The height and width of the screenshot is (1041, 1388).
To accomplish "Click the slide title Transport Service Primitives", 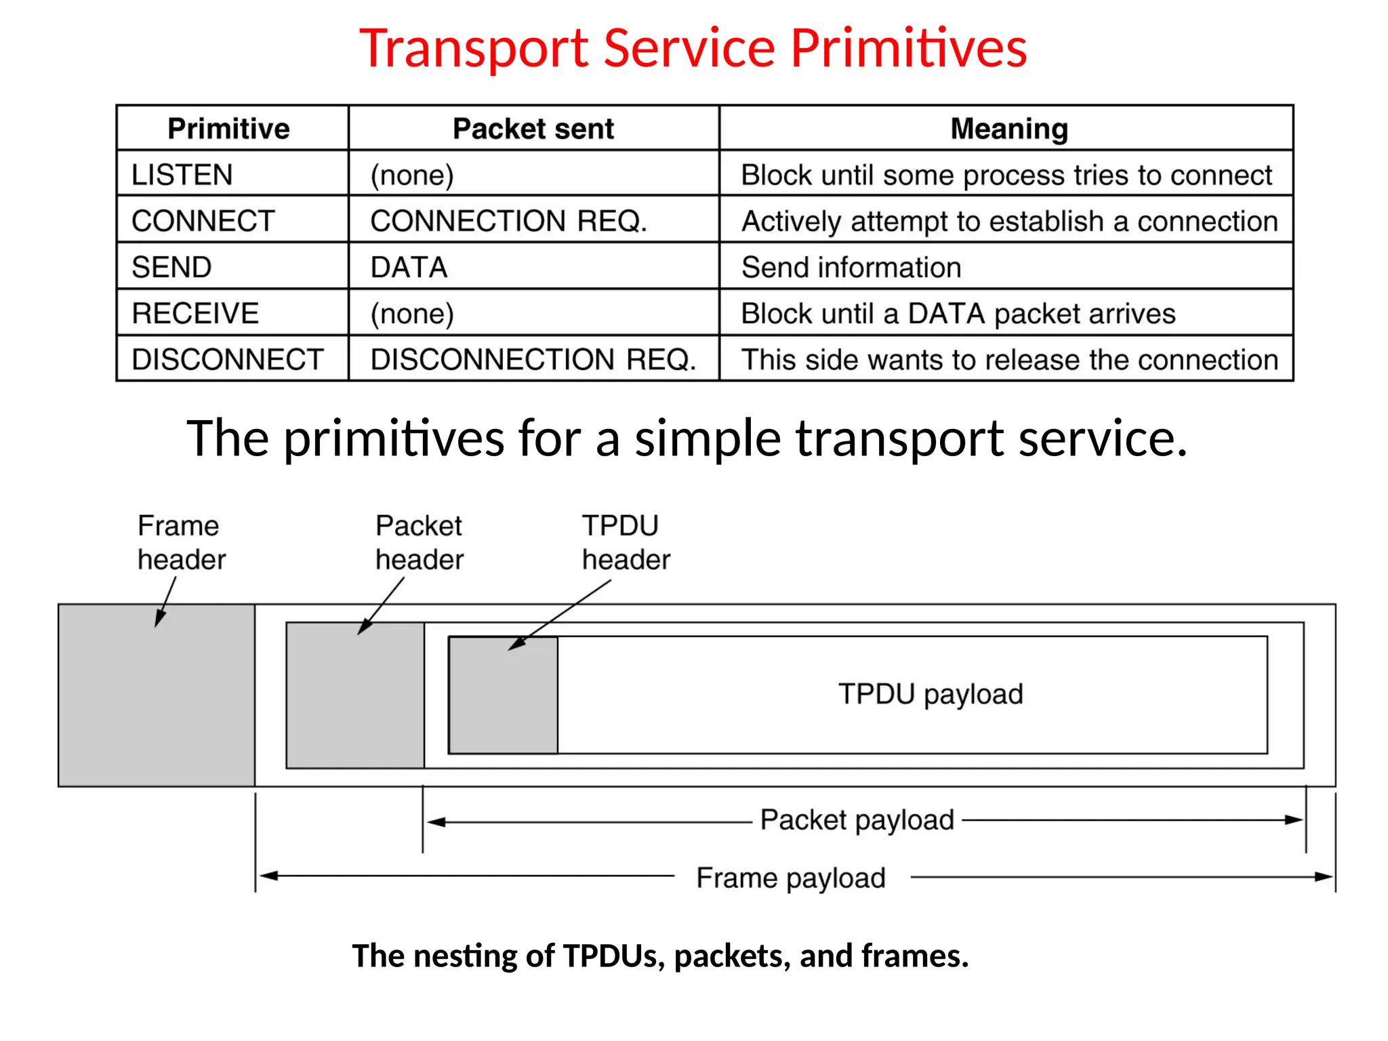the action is (693, 48).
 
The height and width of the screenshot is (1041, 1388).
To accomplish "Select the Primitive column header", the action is (228, 129).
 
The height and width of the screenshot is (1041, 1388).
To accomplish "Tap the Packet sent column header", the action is (533, 129).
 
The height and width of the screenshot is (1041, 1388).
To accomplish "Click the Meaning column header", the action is (1009, 129).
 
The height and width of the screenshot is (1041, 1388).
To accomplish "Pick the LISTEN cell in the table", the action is (182, 175).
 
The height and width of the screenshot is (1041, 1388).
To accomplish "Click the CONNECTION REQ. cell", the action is (509, 221).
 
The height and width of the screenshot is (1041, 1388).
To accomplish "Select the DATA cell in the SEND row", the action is (409, 267).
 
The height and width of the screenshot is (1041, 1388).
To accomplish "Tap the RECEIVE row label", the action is (196, 313).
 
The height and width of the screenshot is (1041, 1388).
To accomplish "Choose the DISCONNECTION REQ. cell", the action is (533, 359).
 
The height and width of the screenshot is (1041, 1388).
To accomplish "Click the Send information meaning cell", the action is (851, 267).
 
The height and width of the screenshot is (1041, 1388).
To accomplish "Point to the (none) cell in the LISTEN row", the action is (412, 175).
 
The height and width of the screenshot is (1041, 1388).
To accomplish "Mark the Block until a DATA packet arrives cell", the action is (958, 314).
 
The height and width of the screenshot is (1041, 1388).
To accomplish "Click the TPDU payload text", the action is (931, 694).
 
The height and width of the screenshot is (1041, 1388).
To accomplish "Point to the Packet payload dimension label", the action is (857, 820).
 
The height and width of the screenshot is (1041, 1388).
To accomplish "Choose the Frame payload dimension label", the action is (791, 878).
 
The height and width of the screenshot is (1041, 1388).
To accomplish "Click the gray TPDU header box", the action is (504, 698).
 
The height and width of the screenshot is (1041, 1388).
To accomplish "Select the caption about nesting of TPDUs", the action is (660, 956).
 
